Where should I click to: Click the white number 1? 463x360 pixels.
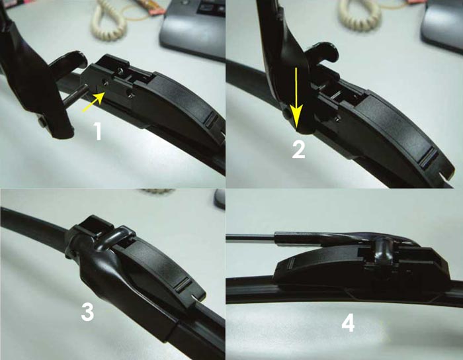point(98,132)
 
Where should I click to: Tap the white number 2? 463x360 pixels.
point(298,150)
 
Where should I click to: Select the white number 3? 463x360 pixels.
point(88,312)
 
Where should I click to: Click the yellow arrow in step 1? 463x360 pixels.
point(93,102)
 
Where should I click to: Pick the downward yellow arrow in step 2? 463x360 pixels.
point(296,98)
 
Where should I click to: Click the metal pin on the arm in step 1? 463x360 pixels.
point(75,93)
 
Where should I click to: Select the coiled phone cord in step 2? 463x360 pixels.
point(359,15)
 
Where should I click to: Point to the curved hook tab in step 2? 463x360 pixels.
point(322,52)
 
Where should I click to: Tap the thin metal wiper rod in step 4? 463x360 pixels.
point(251,236)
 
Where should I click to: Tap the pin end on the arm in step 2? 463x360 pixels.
point(286,114)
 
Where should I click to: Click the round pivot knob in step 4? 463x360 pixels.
point(383,247)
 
